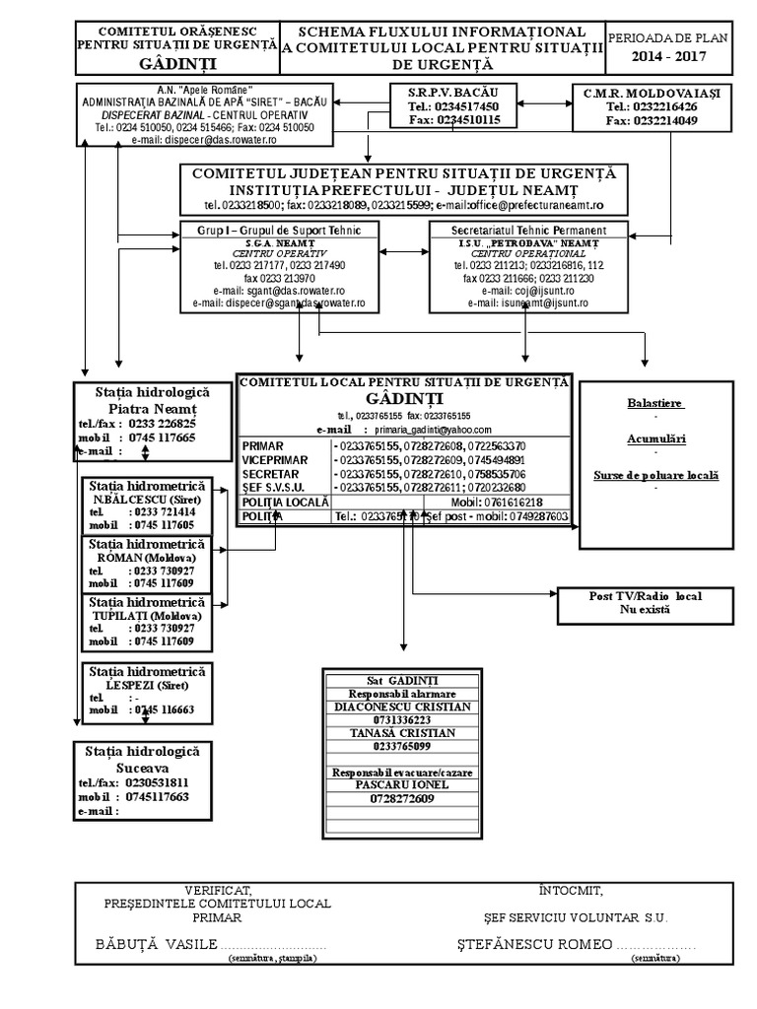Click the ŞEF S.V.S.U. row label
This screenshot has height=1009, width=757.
[x=274, y=488]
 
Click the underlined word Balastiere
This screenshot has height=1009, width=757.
[x=655, y=404]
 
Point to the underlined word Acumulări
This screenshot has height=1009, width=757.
[x=655, y=438]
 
